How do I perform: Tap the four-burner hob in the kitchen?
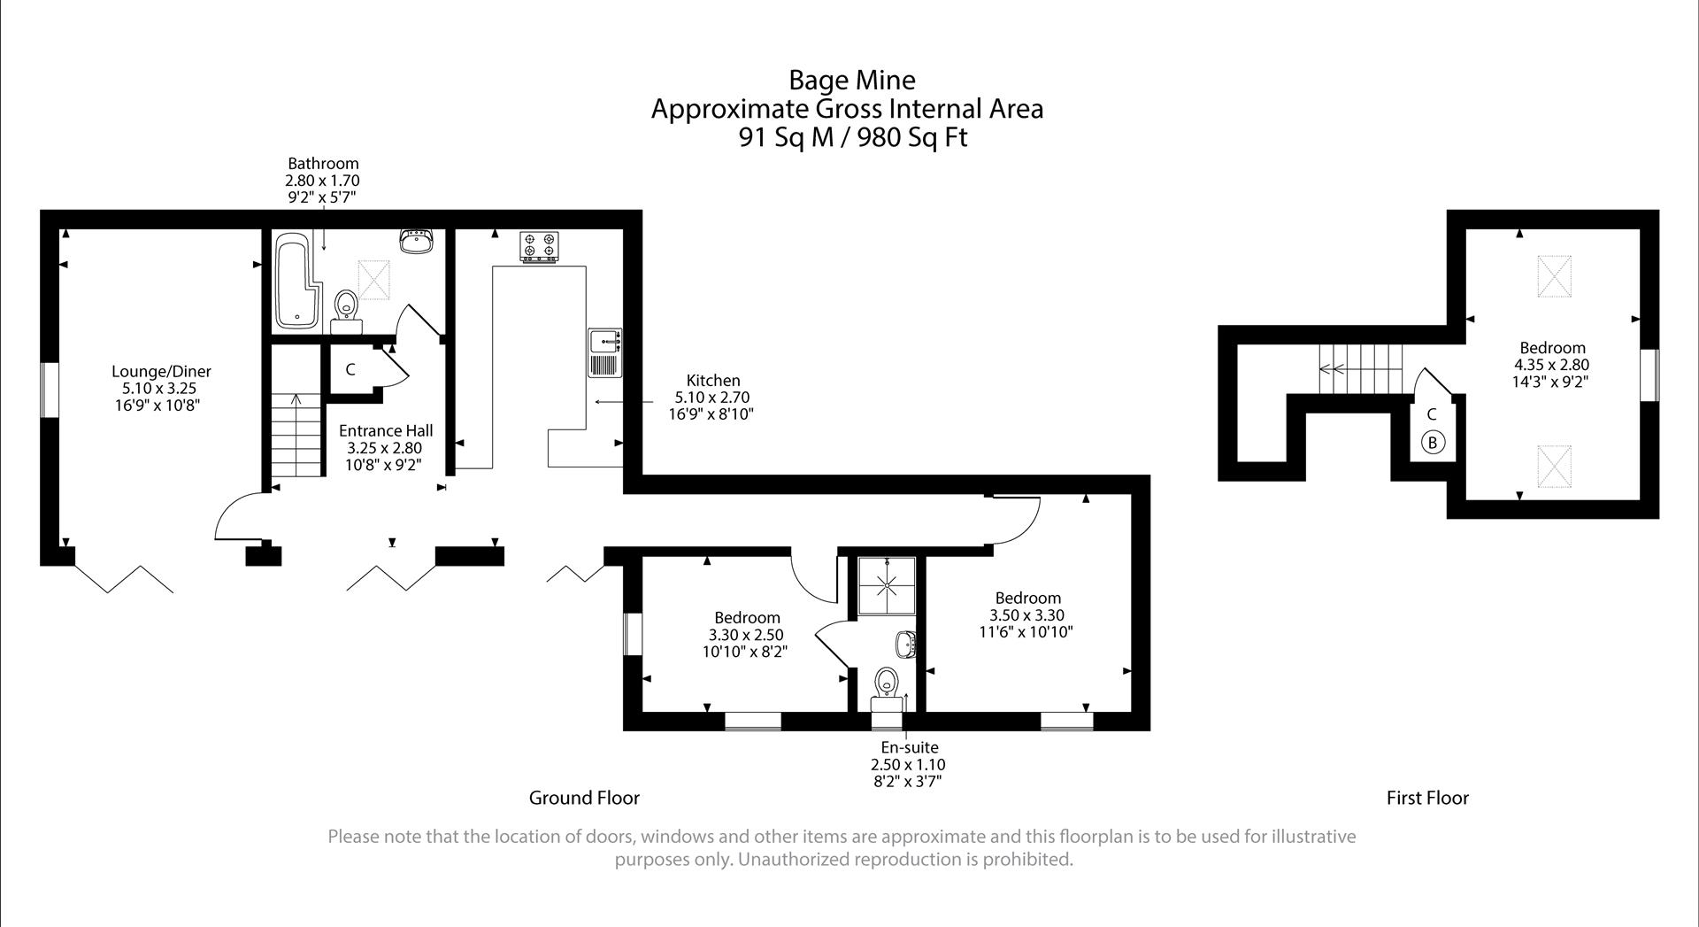tap(540, 245)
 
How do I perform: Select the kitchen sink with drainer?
tap(605, 352)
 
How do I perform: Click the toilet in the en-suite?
tap(886, 684)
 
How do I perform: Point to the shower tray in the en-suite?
tap(886, 586)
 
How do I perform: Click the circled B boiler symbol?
tap(1433, 442)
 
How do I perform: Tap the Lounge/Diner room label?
tap(161, 372)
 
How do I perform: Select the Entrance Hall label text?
tap(386, 430)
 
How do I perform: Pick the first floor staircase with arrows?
tap(1360, 370)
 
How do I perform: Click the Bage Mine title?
tap(851, 81)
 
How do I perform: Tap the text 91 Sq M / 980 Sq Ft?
tap(853, 138)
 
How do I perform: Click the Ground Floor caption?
tap(584, 798)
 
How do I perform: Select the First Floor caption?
tap(1427, 798)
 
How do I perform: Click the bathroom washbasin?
tap(416, 241)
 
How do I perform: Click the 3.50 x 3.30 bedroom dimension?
tap(1026, 615)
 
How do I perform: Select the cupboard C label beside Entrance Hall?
tap(350, 369)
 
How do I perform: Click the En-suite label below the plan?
tap(909, 747)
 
